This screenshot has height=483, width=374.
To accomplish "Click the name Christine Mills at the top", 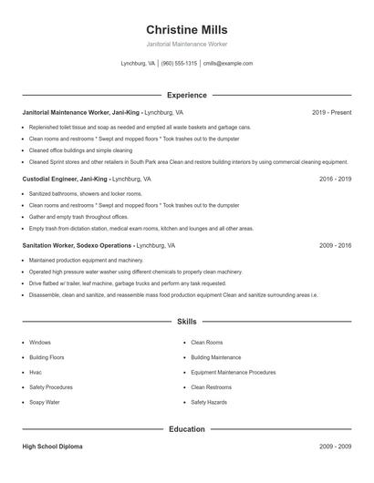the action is [186, 29].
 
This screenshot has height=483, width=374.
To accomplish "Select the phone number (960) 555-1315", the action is [179, 64].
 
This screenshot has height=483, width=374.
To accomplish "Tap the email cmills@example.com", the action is [228, 64].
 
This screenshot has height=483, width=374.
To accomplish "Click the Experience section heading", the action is [186, 95].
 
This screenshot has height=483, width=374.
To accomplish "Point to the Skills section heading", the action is [186, 322].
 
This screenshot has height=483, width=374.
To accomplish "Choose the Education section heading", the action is [186, 428].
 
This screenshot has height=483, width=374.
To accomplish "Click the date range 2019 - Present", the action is [331, 112].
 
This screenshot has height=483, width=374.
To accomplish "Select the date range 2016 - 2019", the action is [335, 180].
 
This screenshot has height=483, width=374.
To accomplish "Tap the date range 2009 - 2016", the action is [335, 246].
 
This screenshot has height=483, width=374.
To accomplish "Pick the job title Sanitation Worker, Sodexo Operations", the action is [78, 246].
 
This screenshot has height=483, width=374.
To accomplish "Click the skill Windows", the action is [40, 343].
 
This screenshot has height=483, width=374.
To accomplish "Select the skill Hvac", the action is [36, 372].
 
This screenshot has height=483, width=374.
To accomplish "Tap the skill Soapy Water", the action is [45, 402].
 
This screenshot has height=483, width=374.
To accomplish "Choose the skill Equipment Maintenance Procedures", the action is [233, 372].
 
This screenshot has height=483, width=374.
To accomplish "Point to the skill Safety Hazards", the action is [209, 402].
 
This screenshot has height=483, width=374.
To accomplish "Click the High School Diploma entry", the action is [53, 447].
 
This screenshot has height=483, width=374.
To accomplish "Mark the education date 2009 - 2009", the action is [335, 447].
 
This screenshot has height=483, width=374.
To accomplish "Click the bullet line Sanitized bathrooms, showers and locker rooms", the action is [86, 194].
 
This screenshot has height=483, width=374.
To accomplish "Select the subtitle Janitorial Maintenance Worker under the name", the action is [186, 44].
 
